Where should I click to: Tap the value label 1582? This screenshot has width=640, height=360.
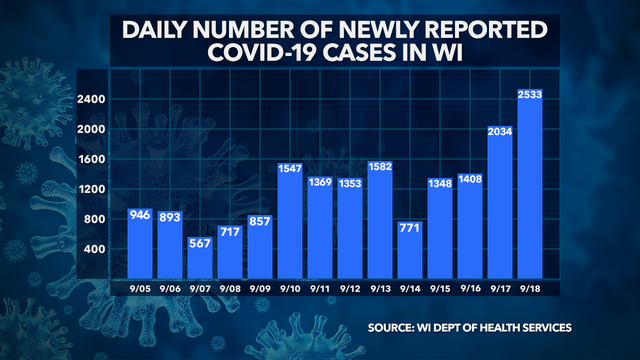click(x=381, y=166)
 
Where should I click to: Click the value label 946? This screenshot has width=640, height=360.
click(x=142, y=215)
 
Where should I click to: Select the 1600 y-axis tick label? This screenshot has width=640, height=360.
click(x=92, y=160)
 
